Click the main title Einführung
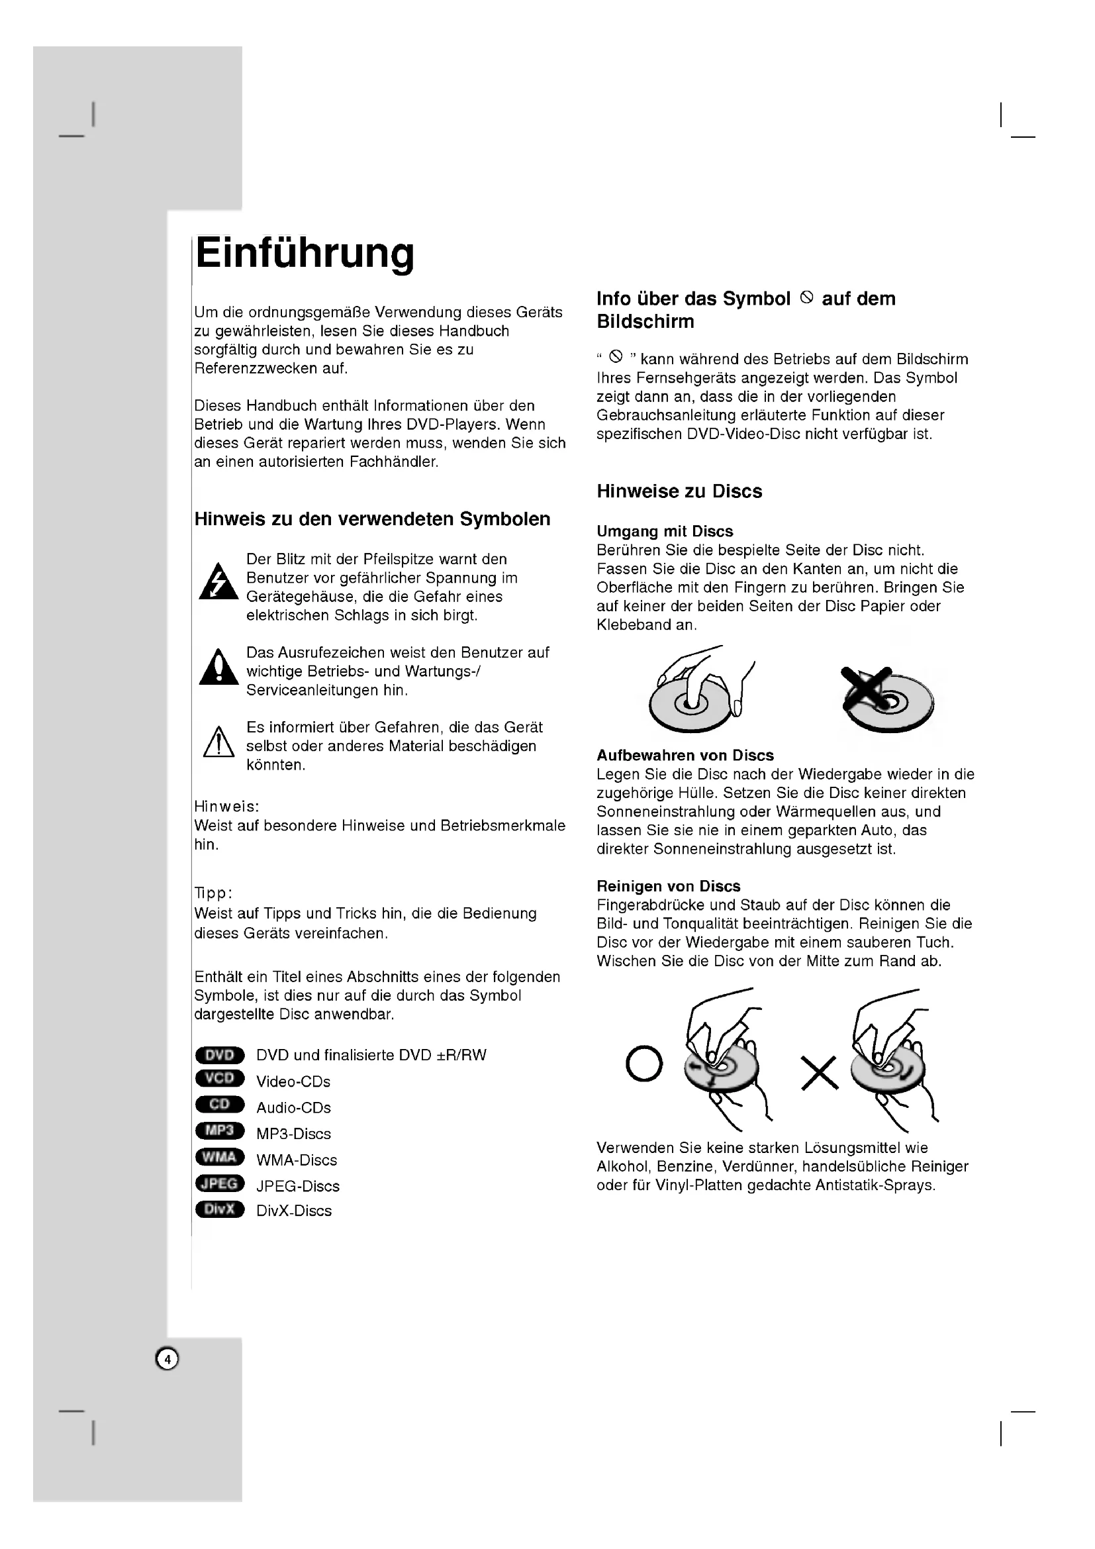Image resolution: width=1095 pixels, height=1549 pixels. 305,254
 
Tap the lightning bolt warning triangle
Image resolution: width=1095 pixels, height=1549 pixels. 218,582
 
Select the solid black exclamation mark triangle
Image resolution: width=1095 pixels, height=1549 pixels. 218,669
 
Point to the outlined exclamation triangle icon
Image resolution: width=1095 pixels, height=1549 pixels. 218,743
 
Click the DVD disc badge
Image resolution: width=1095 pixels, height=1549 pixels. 220,1055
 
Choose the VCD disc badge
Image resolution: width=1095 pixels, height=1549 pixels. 220,1078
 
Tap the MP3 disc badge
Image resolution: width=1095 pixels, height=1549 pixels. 220,1130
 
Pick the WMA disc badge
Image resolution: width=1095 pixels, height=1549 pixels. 220,1157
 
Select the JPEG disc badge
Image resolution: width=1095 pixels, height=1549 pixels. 220,1183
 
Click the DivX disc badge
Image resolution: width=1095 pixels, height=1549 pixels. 220,1209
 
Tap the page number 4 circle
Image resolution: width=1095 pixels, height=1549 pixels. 167,1360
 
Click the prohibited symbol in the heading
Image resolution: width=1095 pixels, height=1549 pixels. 806,297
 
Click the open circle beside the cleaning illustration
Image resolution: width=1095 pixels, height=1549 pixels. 644,1064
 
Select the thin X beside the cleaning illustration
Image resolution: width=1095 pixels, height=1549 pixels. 819,1072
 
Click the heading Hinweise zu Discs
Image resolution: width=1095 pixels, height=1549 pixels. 679,491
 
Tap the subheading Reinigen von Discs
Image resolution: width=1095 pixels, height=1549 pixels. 668,886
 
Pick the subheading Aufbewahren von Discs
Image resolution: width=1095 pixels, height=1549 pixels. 685,755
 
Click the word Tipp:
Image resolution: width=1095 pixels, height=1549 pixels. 213,893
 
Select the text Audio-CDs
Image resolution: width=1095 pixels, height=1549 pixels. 293,1108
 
